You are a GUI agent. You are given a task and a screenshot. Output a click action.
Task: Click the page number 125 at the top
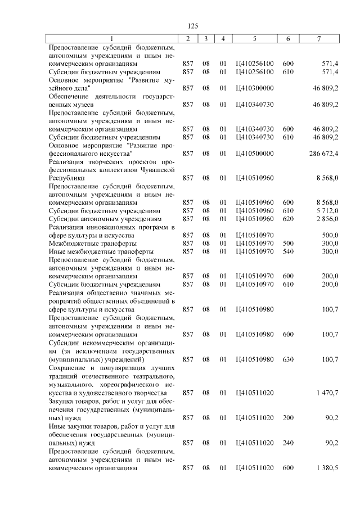(x=193, y=26)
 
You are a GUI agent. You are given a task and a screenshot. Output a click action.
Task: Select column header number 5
(x=255, y=39)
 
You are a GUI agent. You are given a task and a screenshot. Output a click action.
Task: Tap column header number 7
(x=319, y=39)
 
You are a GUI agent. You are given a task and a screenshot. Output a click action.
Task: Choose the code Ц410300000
(x=255, y=88)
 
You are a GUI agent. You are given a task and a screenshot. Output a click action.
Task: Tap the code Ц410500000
(x=255, y=153)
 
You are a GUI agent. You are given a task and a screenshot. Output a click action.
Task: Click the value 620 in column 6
(x=288, y=218)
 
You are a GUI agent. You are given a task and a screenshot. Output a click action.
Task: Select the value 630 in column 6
(x=288, y=359)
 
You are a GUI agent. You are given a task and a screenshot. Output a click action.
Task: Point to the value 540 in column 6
(x=288, y=251)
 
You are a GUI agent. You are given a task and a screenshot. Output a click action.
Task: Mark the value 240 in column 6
(x=288, y=443)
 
